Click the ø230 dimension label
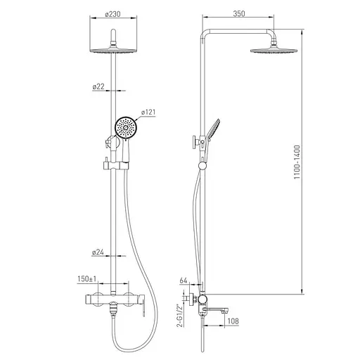tap(112, 14)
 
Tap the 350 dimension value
tap(239, 13)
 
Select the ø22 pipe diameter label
tap(98, 86)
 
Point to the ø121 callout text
tap(148, 112)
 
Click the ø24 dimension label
tap(98, 252)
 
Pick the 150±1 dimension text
tap(87, 279)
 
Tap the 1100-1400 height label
tap(297, 162)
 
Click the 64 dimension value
tap(184, 281)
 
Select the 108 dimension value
tap(233, 321)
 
